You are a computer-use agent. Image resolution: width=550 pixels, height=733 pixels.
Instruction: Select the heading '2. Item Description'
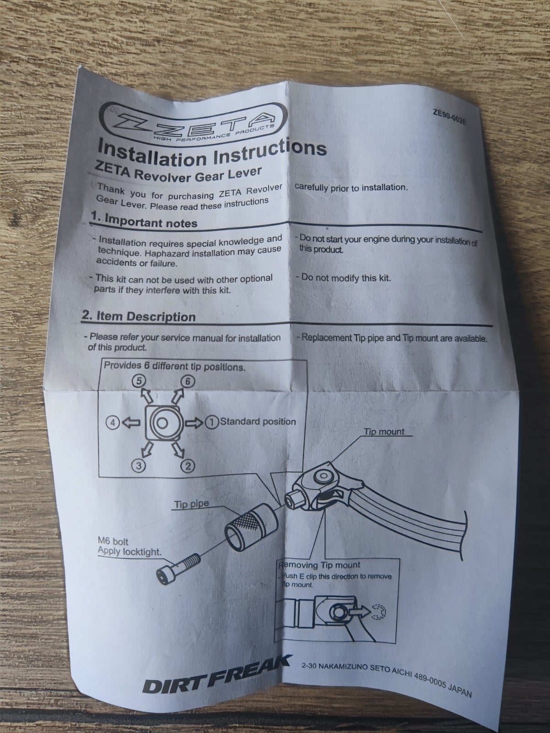(138, 316)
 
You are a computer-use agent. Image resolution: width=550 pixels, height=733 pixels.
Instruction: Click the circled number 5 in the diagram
(138, 381)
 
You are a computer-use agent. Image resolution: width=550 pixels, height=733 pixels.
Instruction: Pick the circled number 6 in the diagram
(187, 381)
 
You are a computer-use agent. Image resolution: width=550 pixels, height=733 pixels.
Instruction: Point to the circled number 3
(138, 466)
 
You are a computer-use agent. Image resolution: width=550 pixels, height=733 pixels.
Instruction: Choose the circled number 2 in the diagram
(187, 466)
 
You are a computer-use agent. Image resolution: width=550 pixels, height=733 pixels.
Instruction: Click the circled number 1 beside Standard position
(211, 422)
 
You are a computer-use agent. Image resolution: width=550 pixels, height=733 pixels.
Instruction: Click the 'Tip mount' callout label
(384, 432)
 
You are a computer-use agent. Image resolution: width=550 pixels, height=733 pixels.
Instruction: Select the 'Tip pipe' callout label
(191, 504)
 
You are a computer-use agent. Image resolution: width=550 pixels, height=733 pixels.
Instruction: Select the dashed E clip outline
(379, 612)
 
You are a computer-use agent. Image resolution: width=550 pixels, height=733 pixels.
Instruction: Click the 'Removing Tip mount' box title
(319, 565)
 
